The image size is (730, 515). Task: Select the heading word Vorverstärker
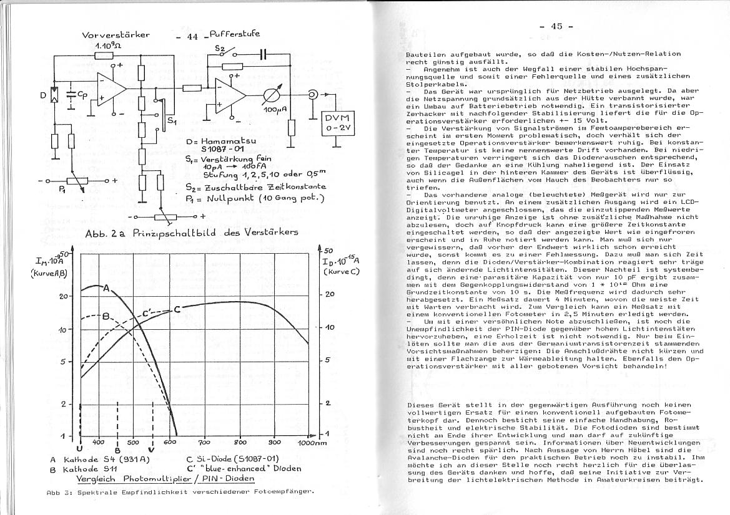pos(116,35)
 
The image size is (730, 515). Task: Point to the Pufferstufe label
pos(235,34)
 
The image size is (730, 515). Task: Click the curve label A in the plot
pos(107,288)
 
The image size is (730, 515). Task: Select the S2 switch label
pos(220,48)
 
